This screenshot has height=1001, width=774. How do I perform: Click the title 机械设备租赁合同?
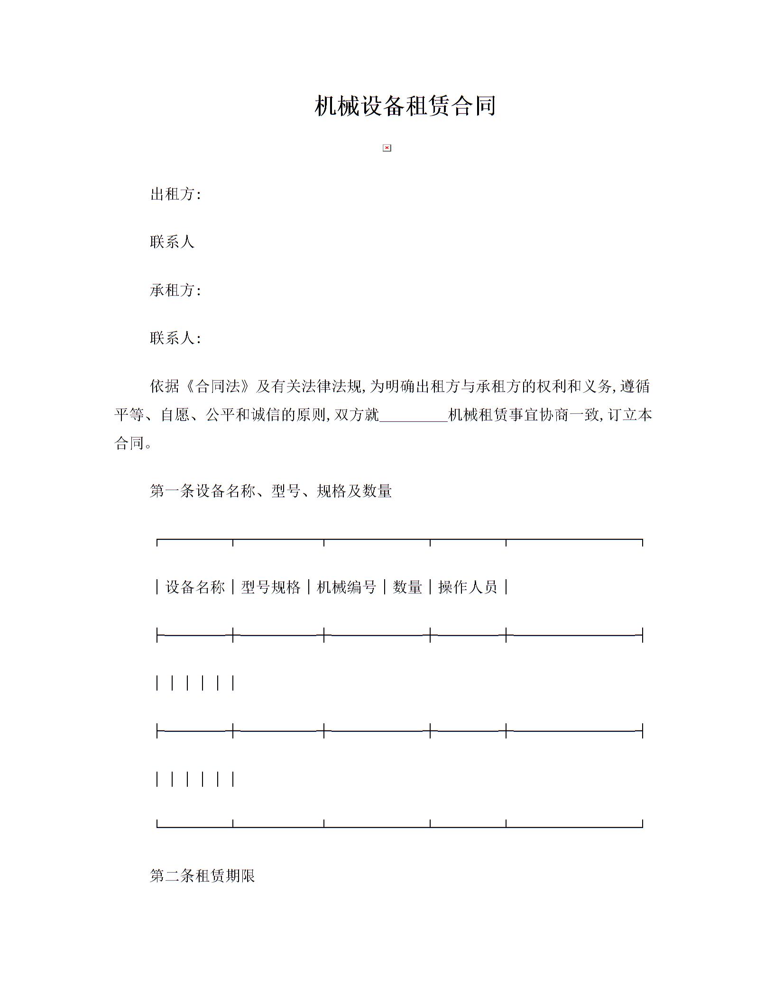[x=405, y=106]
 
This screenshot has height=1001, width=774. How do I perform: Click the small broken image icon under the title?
[x=387, y=148]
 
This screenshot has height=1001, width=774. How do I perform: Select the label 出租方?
[x=175, y=194]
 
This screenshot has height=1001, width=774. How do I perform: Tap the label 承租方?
[x=175, y=290]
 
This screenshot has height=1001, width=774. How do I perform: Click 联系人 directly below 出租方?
[x=172, y=242]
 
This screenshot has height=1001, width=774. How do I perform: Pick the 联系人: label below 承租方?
[x=175, y=338]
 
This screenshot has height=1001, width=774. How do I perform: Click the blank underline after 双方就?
[x=414, y=416]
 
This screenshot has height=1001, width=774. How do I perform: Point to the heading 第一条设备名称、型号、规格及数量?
[x=271, y=491]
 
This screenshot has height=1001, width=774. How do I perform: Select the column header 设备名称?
[x=195, y=587]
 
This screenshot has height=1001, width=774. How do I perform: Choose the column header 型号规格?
[x=271, y=587]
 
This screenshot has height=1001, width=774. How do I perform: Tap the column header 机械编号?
[x=346, y=587]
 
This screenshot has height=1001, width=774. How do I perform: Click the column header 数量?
[x=407, y=587]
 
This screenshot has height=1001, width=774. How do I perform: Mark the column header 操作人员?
[x=468, y=587]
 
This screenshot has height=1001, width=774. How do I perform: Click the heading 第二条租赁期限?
[x=203, y=875]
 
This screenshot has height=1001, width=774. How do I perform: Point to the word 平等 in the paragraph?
[x=129, y=416]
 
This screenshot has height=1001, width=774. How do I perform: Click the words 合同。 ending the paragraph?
[x=133, y=443]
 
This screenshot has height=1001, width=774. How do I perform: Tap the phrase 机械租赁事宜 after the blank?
[x=493, y=416]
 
